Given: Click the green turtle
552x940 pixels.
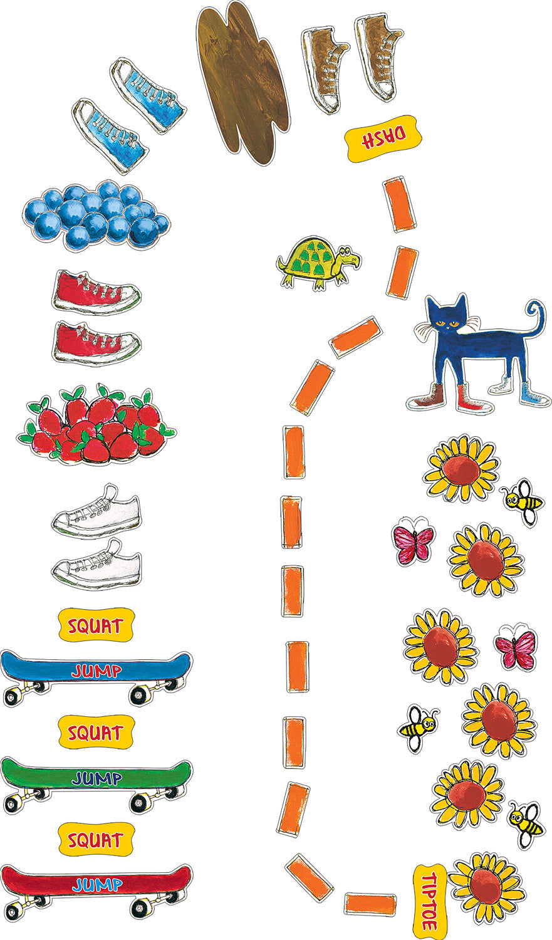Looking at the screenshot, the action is tap(318, 263).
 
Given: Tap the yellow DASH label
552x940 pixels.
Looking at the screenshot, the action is tap(383, 138).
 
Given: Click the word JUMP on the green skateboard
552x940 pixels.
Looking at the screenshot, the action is tap(97, 778).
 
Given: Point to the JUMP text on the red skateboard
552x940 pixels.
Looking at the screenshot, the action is tap(97, 884).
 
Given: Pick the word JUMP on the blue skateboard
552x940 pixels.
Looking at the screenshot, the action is tap(97, 671).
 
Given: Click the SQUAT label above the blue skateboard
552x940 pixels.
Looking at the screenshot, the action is tap(96, 625).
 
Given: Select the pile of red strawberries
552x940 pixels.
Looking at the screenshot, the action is tap(96, 424).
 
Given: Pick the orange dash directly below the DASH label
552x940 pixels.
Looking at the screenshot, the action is tap(399, 204).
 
